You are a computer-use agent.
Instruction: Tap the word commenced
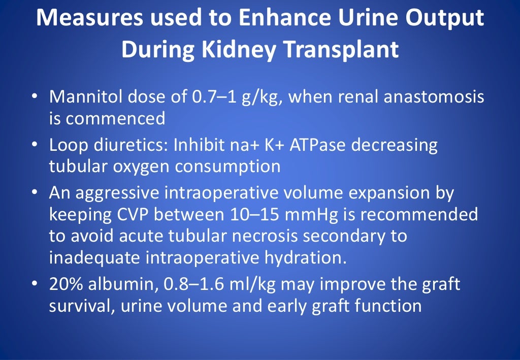(116, 118)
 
